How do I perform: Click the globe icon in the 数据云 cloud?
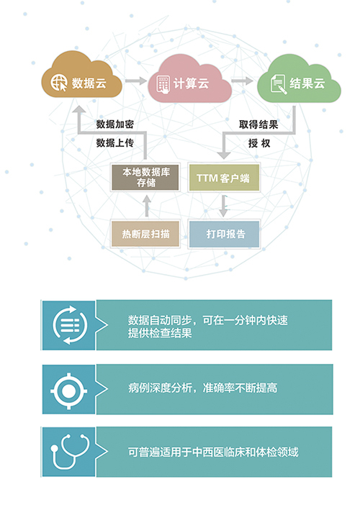click(59, 83)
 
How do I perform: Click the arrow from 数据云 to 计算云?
click(136, 81)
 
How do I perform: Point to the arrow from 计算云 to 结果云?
click(242, 81)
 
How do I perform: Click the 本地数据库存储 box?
click(145, 177)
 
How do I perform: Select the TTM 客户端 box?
click(224, 178)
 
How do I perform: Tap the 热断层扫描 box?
click(145, 234)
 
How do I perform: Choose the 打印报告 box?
click(224, 234)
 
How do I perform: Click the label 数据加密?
click(115, 124)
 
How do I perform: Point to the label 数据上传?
click(115, 143)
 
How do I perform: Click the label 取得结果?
click(258, 124)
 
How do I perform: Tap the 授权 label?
click(259, 143)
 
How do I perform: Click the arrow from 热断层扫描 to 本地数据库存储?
click(147, 206)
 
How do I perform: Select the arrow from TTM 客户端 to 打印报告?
click(223, 206)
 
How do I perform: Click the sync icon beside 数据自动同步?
click(70, 325)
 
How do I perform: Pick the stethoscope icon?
click(70, 452)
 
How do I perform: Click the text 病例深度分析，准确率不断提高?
click(202, 388)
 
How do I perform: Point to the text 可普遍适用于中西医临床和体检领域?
click(213, 452)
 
